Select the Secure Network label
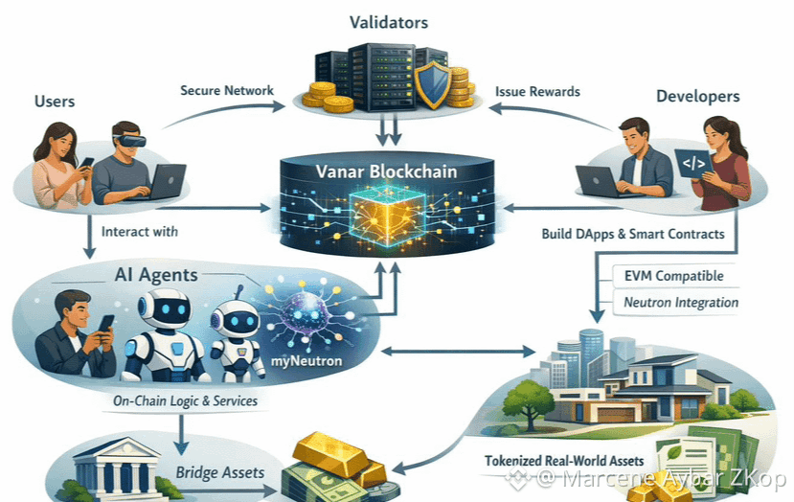(227, 91)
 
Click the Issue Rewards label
(537, 92)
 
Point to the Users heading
(56, 101)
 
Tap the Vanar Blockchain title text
(387, 173)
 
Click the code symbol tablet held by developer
(693, 164)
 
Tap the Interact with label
(139, 232)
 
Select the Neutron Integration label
(680, 303)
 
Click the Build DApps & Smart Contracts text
(633, 233)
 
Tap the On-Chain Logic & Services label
(183, 400)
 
